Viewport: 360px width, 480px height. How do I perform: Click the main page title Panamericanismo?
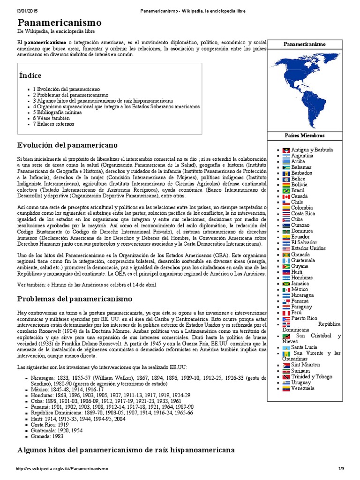coord(59,23)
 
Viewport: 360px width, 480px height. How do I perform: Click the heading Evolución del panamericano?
coord(67,144)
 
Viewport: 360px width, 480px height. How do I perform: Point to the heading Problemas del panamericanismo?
coord(75,299)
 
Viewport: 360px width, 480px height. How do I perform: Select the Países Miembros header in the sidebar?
coord(304,135)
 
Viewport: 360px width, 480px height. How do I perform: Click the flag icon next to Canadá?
coord(286,196)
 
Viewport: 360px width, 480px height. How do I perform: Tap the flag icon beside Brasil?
coord(286,191)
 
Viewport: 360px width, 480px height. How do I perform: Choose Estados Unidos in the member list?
coord(308,248)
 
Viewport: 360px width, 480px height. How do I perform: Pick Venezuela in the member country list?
coord(302,388)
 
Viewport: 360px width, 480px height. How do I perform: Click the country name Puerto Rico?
coord(304,318)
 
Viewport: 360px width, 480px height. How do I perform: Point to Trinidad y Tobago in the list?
coord(312,377)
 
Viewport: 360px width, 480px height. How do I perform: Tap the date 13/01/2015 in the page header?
coord(17,11)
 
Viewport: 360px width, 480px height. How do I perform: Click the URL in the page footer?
coord(62,469)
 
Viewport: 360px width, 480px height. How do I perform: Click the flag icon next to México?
coord(286,289)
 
